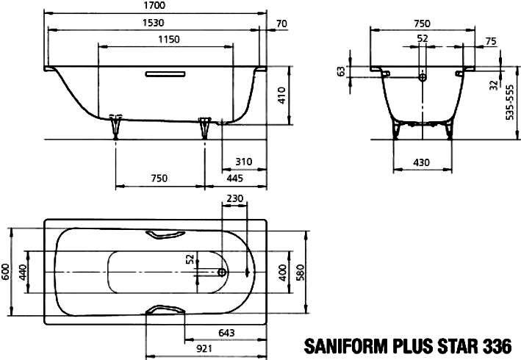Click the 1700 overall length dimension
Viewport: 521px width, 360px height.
pyautogui.click(x=155, y=5)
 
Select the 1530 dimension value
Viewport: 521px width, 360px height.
pyautogui.click(x=153, y=23)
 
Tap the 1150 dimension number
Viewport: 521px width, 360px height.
pyautogui.click(x=169, y=39)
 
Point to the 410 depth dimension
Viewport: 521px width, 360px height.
pyautogui.click(x=281, y=96)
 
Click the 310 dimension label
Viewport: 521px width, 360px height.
pyautogui.click(x=244, y=162)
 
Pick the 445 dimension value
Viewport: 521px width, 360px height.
pyautogui.click(x=234, y=179)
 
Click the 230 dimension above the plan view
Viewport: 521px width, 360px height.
pyautogui.click(x=235, y=198)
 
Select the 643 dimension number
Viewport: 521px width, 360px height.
pyautogui.click(x=226, y=332)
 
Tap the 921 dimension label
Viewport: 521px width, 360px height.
pyautogui.click(x=204, y=349)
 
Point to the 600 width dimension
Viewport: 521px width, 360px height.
pyautogui.click(x=6, y=272)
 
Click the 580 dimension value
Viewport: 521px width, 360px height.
pyautogui.click(x=301, y=273)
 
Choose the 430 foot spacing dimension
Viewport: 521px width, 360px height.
pyautogui.click(x=421, y=162)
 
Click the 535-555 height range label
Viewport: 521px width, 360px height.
pyautogui.click(x=509, y=102)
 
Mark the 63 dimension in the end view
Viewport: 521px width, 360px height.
pyautogui.click(x=341, y=71)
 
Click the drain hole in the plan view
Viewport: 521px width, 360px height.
pyautogui.click(x=222, y=273)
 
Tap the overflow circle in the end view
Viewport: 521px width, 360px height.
pyautogui.click(x=423, y=77)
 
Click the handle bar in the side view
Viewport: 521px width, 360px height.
pyautogui.click(x=165, y=73)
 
